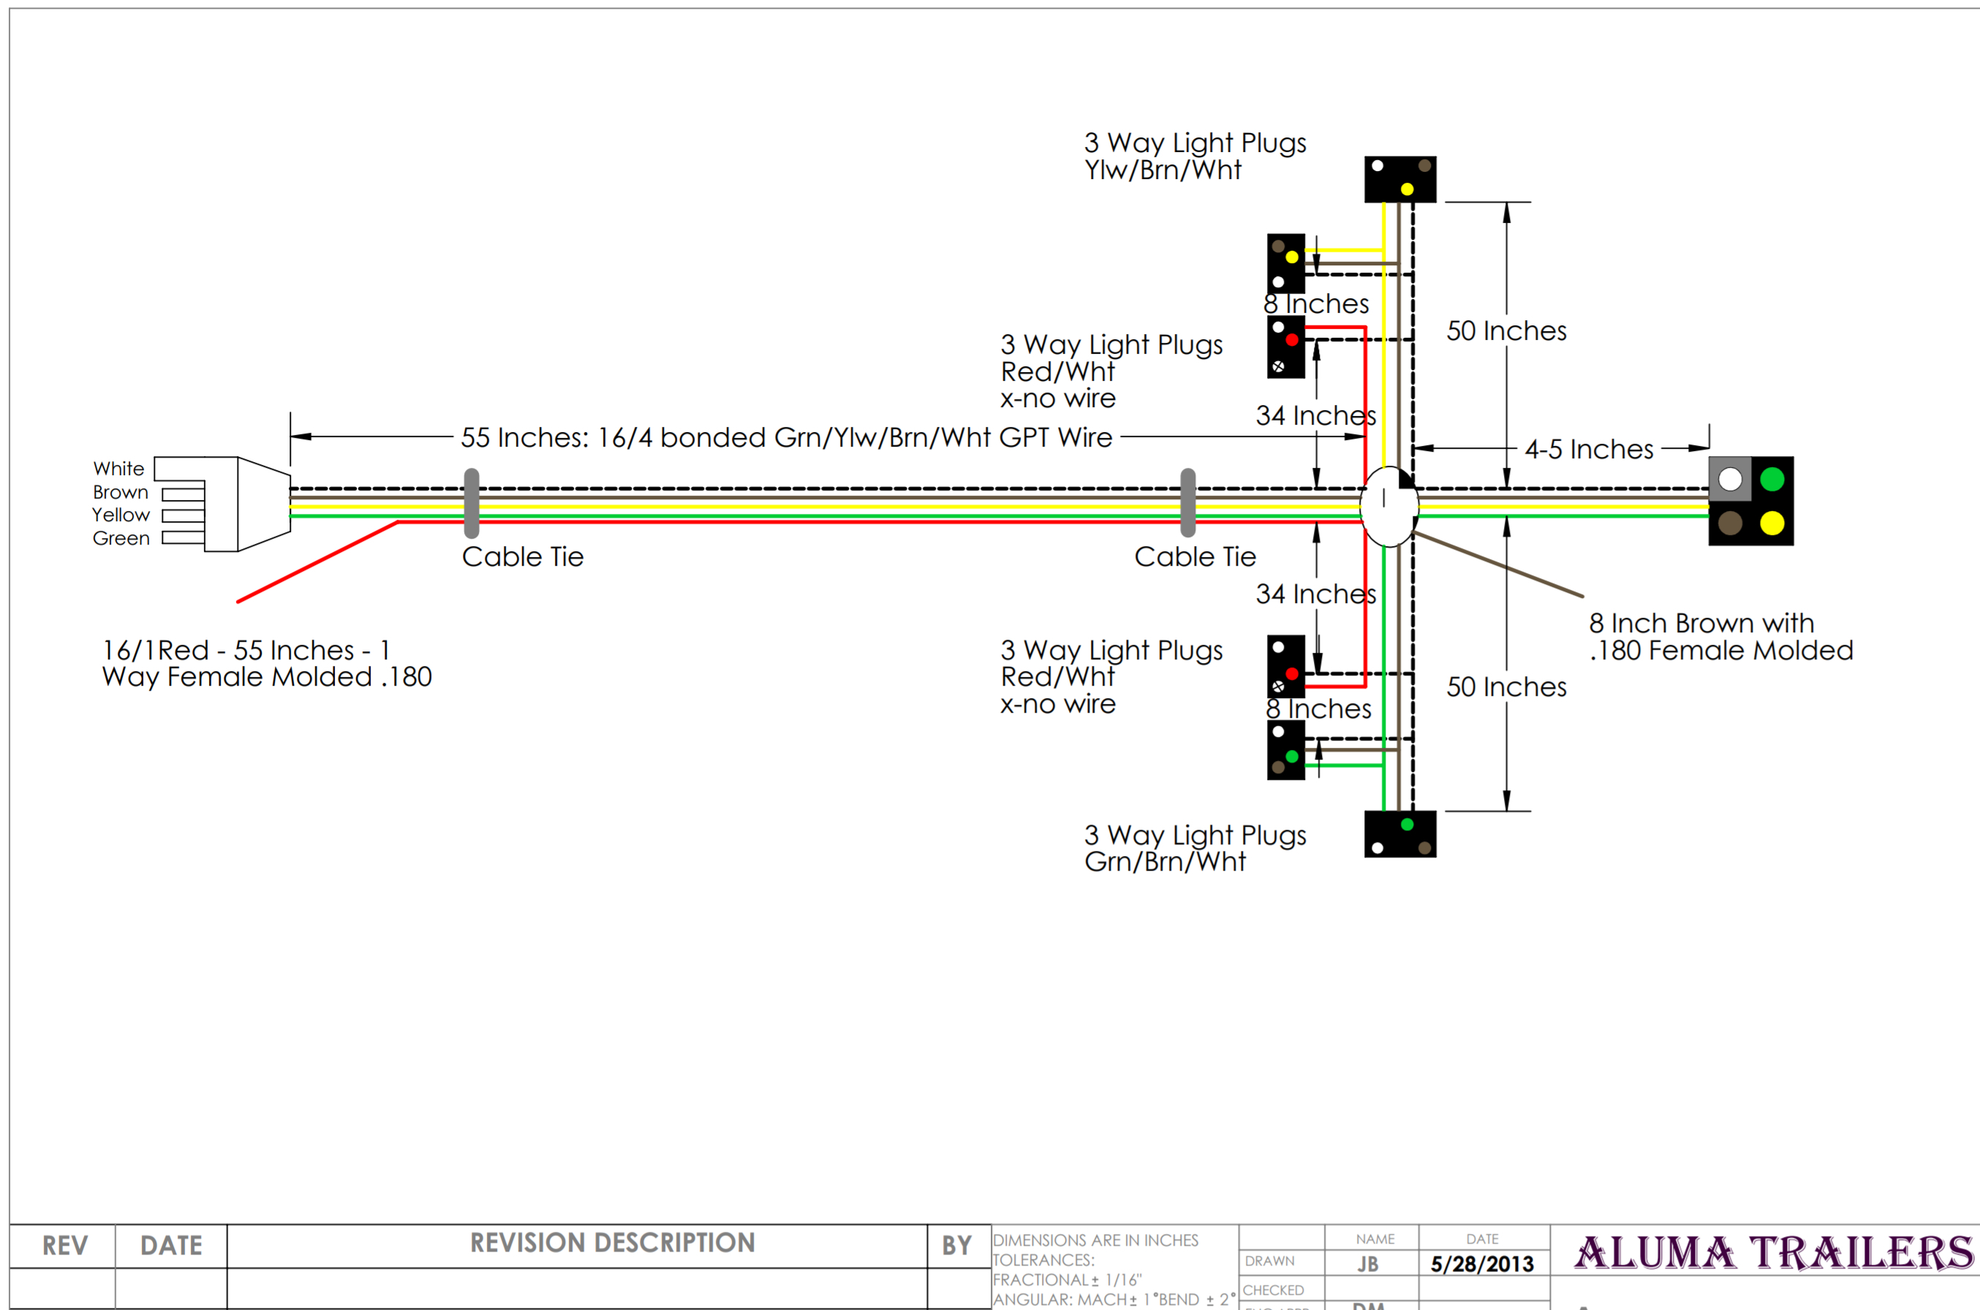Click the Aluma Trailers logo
(x=1773, y=1252)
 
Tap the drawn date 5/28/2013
(x=1482, y=1264)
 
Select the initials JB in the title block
(x=1367, y=1264)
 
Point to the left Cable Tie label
(x=522, y=556)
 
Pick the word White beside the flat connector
(x=118, y=469)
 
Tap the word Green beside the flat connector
(x=121, y=538)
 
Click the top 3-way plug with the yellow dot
(x=1400, y=179)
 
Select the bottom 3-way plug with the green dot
(x=1400, y=834)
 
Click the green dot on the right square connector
(x=1772, y=479)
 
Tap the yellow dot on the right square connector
(x=1772, y=523)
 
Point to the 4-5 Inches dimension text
(x=1588, y=450)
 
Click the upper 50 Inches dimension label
(x=1506, y=331)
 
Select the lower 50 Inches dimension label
(x=1506, y=686)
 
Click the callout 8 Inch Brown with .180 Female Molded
(x=1720, y=637)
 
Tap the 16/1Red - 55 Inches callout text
(x=266, y=663)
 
